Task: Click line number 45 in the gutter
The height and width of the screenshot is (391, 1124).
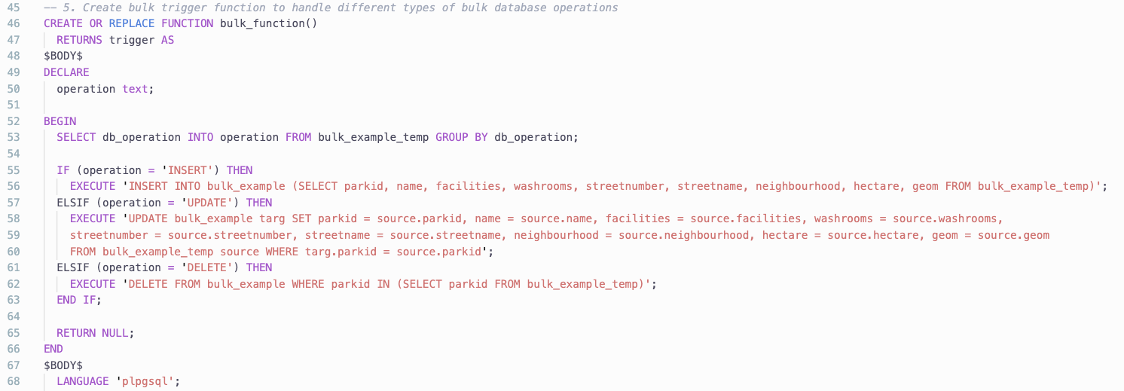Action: (x=14, y=8)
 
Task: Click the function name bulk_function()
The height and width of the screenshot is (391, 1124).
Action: (x=268, y=23)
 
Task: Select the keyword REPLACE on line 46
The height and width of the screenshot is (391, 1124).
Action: (x=132, y=23)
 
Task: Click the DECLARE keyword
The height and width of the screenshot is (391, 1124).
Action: (x=66, y=72)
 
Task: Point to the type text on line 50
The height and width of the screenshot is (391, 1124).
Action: (x=135, y=89)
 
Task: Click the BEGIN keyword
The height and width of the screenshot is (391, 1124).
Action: (x=60, y=121)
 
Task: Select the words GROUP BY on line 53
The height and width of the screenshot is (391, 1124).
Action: (x=462, y=138)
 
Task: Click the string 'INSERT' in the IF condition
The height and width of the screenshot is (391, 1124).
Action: (x=187, y=170)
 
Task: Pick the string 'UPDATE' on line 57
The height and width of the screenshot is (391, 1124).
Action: (x=206, y=203)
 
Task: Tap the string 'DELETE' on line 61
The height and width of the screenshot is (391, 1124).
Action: (x=206, y=267)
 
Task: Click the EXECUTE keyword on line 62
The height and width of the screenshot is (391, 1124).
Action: (x=93, y=284)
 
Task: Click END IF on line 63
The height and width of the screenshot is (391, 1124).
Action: (x=78, y=300)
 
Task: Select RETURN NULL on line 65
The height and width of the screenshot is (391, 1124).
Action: (x=93, y=333)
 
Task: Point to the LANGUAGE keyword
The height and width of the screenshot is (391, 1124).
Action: (x=82, y=381)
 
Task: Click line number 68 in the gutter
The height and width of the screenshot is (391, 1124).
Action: (x=14, y=381)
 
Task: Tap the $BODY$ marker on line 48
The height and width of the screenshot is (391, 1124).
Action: (x=63, y=56)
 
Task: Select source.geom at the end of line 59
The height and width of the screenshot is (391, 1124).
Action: (x=1013, y=235)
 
